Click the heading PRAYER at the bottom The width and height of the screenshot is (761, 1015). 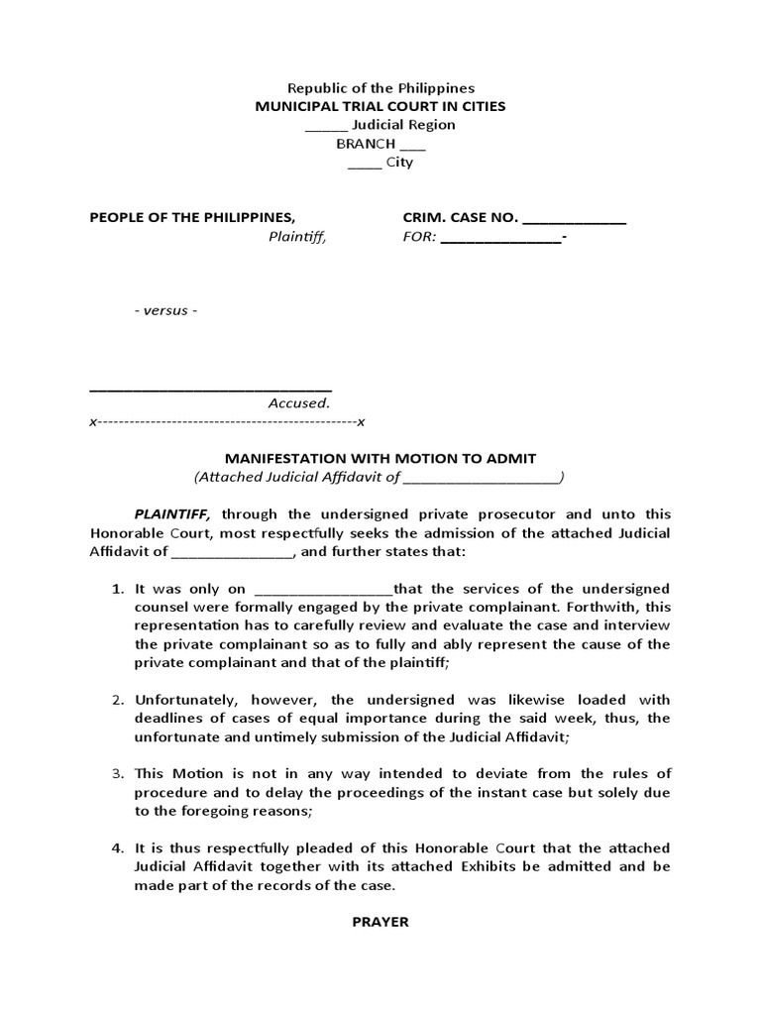380,922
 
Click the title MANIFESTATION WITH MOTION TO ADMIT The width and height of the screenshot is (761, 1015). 380,458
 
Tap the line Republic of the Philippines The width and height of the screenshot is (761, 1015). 380,88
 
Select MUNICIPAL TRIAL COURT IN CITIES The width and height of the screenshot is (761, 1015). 380,106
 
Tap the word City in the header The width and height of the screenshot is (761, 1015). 399,163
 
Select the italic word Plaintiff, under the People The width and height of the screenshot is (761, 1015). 296,237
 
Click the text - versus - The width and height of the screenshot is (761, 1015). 165,310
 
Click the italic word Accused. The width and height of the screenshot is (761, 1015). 298,403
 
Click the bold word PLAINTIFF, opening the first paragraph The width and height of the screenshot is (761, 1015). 174,513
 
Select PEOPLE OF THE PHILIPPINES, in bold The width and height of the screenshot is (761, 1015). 192,218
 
